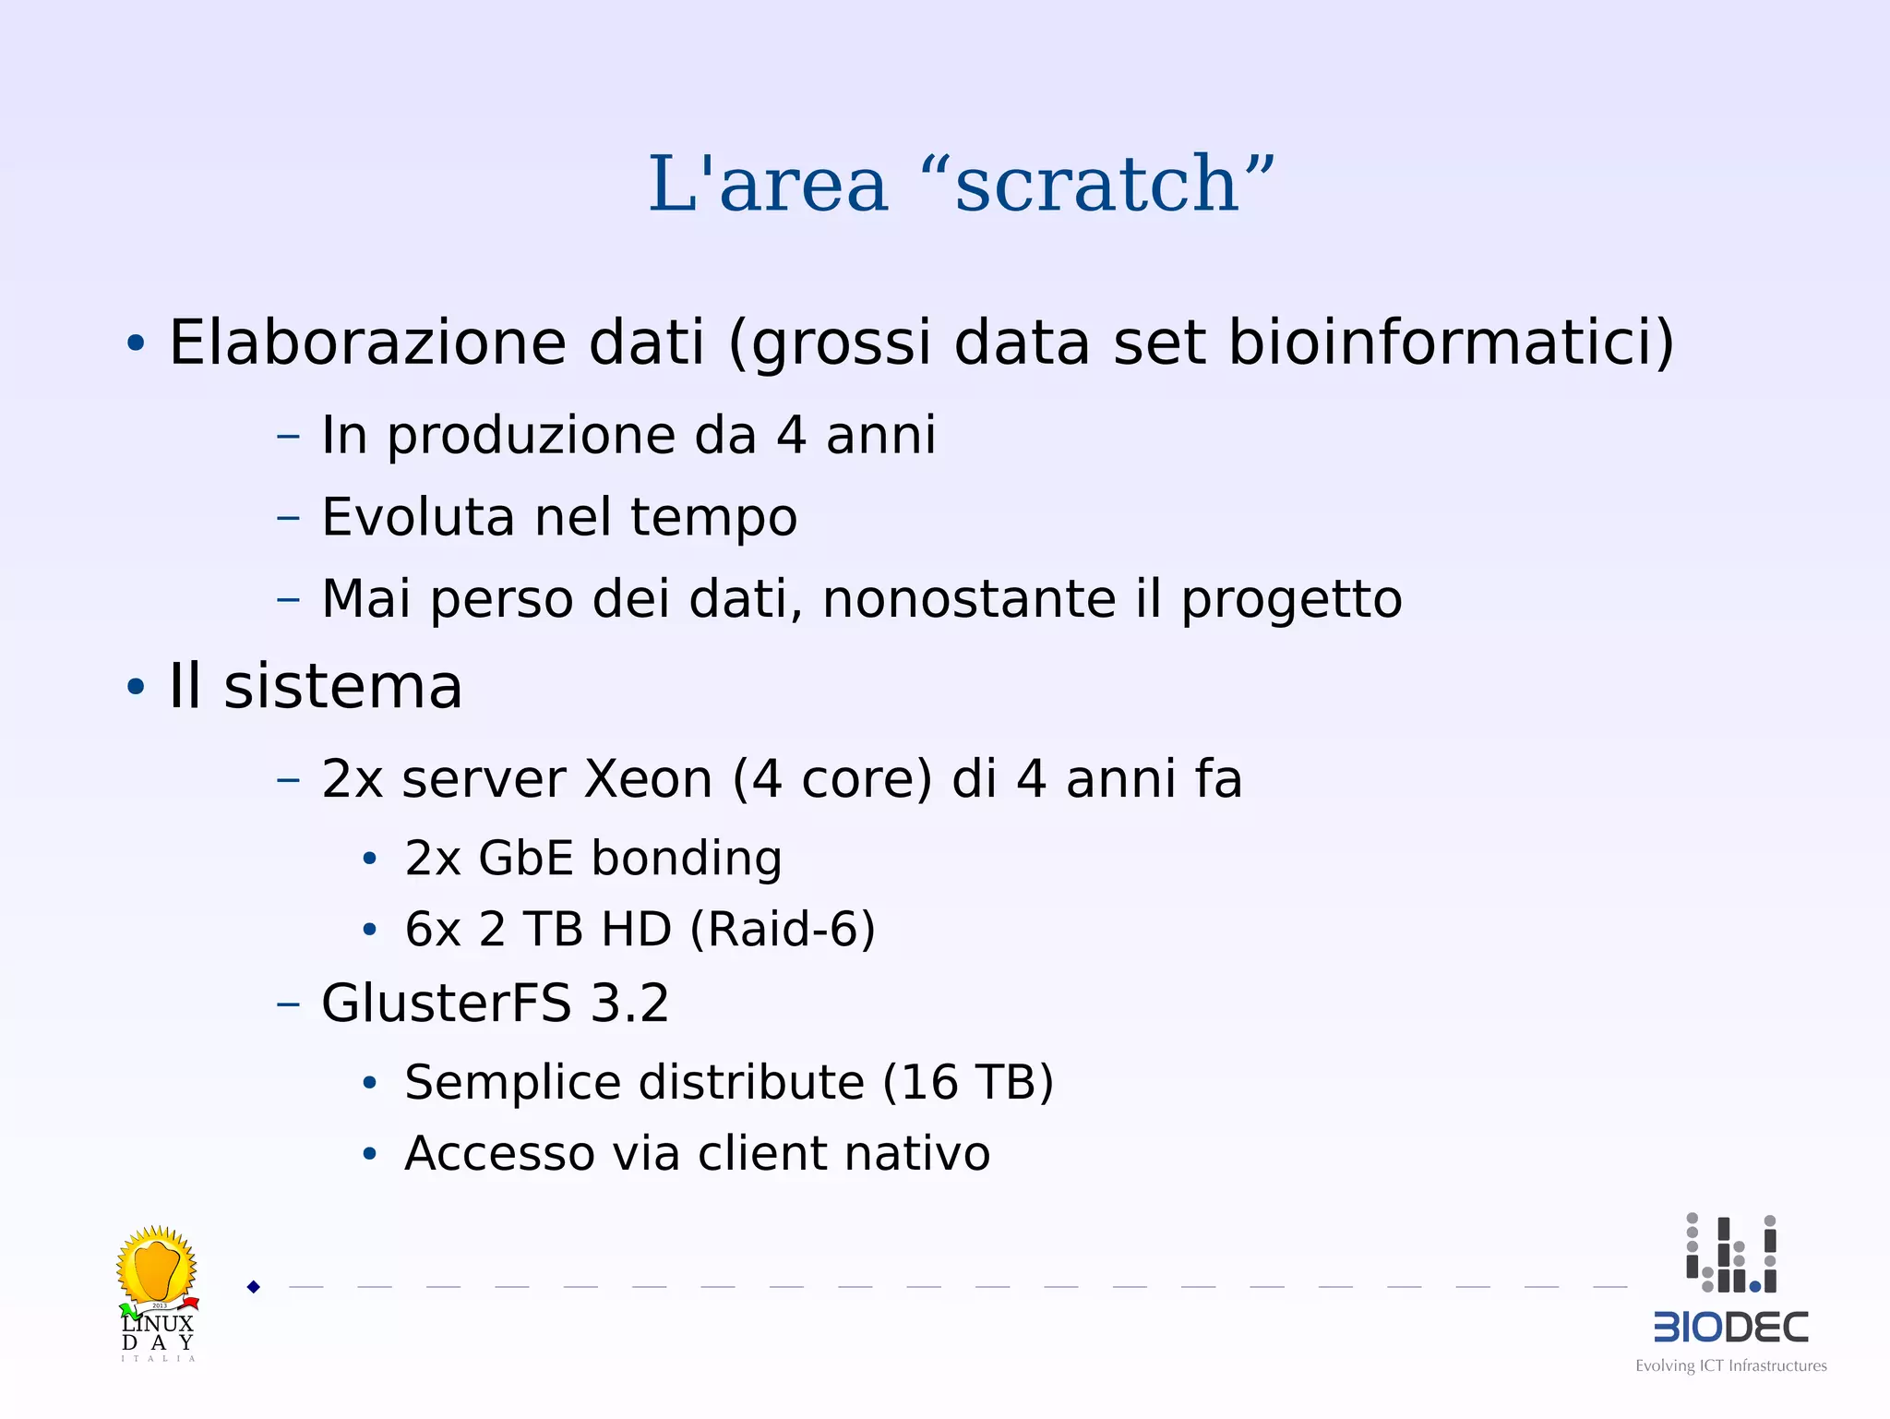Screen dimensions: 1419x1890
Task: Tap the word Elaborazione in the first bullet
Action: click(x=366, y=343)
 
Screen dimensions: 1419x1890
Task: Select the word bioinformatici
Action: click(x=1450, y=343)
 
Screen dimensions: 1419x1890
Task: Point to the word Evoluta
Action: click(x=418, y=517)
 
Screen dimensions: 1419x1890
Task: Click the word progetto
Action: click(x=1291, y=601)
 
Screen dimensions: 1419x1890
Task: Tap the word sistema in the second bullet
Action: click(x=342, y=688)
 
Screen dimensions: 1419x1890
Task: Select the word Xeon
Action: click(x=649, y=779)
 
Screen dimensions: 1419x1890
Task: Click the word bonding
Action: click(x=687, y=860)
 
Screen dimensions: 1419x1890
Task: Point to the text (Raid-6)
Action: click(x=783, y=930)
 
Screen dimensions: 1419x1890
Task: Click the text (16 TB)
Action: click(x=967, y=1083)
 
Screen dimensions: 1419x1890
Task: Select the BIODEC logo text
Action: click(x=1730, y=1328)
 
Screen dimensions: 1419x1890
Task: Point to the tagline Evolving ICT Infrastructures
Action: click(x=1730, y=1366)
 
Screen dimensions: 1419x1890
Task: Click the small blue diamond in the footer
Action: click(x=254, y=1287)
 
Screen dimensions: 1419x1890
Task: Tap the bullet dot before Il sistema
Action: click(x=136, y=688)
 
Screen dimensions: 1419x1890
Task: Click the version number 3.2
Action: click(x=629, y=1004)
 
